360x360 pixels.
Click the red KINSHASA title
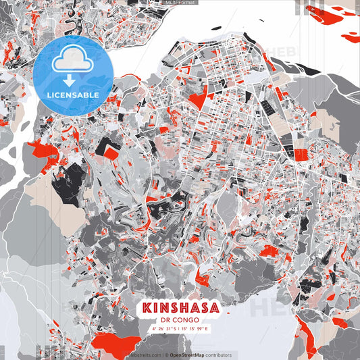point(180,308)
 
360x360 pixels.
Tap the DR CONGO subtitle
point(180,321)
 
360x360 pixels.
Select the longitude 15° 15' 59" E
point(197,329)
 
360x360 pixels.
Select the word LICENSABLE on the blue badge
point(73,95)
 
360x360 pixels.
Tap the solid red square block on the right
point(300,155)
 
